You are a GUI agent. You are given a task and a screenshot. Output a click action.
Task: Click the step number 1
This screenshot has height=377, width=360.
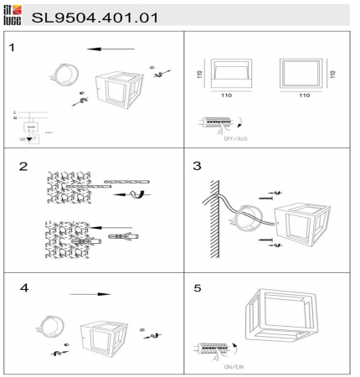click(12, 47)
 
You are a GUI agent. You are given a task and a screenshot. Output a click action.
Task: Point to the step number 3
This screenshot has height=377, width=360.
click(198, 166)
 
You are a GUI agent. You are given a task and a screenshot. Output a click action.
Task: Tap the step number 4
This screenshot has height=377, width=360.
click(24, 287)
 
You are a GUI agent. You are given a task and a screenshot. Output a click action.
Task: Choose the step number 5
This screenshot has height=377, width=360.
click(198, 287)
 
